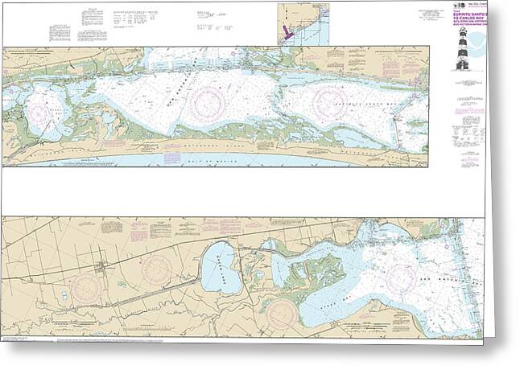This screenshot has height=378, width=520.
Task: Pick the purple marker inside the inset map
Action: click(x=287, y=32)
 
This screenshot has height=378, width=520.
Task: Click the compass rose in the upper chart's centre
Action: click(x=207, y=102)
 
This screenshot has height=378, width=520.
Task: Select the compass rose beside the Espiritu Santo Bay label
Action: click(x=330, y=100)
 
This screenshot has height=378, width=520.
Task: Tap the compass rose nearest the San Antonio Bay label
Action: click(x=400, y=278)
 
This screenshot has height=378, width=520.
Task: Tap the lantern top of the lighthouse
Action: click(x=463, y=35)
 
